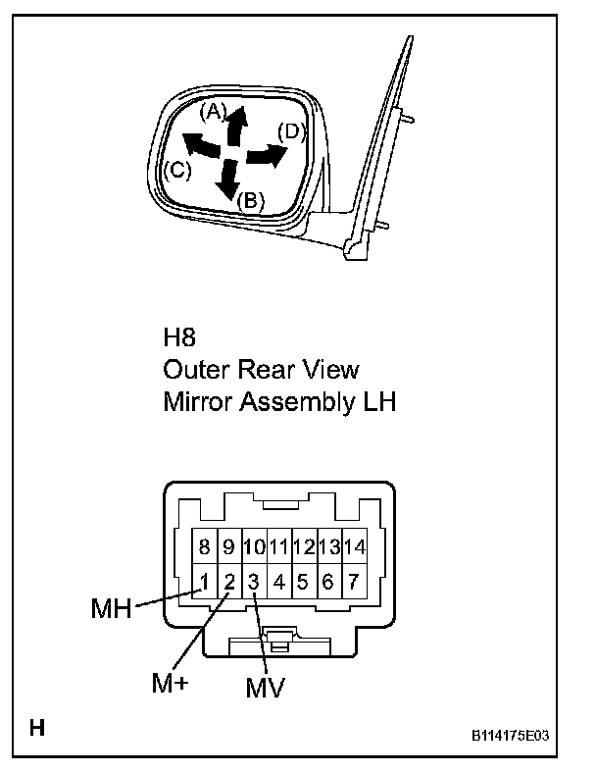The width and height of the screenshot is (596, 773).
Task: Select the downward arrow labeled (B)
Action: pyautogui.click(x=228, y=180)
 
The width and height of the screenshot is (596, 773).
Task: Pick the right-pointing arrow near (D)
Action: pyautogui.click(x=266, y=154)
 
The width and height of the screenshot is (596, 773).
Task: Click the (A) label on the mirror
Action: pyautogui.click(x=214, y=112)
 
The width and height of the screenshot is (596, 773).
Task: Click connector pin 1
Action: pyautogui.click(x=204, y=582)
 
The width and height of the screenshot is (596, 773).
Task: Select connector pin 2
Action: pyautogui.click(x=228, y=582)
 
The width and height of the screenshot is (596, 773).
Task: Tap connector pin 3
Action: pyautogui.click(x=253, y=582)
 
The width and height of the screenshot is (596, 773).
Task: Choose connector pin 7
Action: pyautogui.click(x=353, y=582)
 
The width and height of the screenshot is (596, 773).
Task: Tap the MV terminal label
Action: pyautogui.click(x=264, y=688)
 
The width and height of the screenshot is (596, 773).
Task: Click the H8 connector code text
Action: pyautogui.click(x=179, y=338)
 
